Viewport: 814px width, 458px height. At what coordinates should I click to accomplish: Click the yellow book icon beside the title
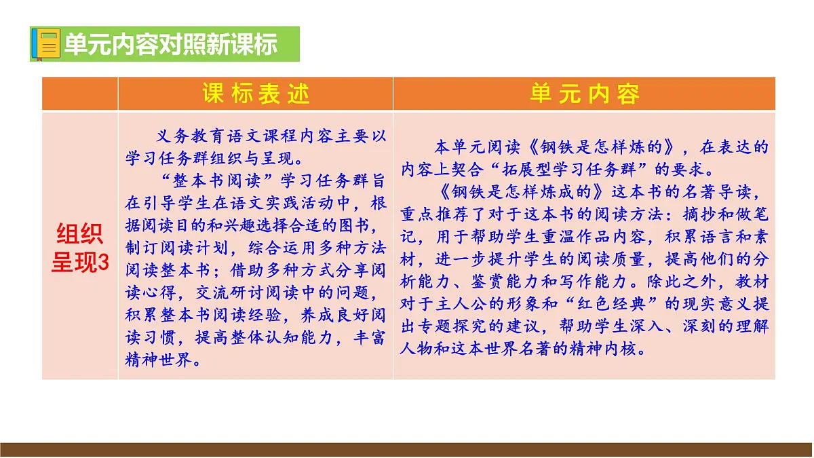47,44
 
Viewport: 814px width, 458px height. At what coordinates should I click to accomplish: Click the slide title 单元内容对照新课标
170,44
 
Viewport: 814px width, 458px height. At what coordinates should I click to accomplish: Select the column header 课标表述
256,94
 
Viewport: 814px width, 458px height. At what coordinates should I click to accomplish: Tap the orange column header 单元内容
584,94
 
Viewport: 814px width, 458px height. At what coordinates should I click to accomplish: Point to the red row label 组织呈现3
79,249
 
